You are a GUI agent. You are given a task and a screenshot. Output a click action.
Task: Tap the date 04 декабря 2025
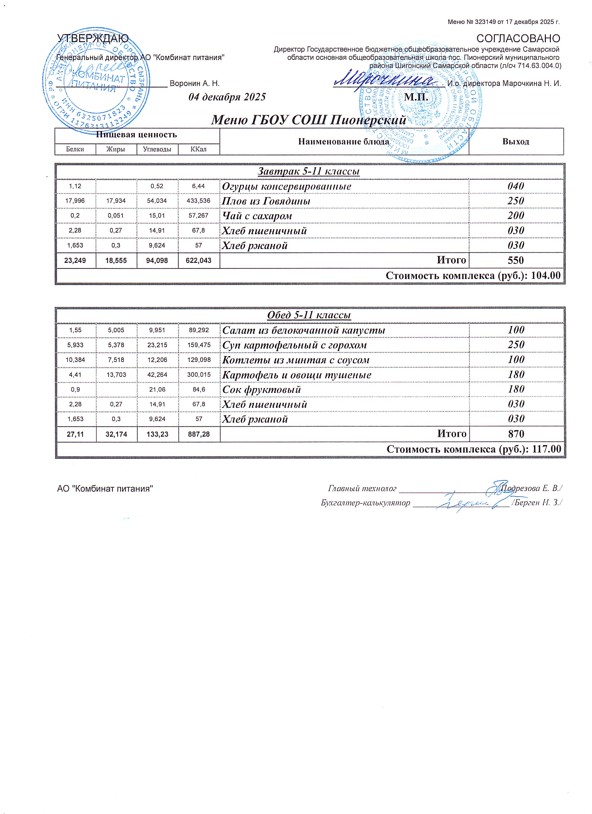coord(227,97)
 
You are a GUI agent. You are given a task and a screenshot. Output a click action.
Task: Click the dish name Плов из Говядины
coord(266,201)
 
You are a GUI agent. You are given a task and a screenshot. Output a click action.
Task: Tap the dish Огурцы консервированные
coord(286,187)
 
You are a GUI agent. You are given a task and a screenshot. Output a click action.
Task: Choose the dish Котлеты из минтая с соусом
coord(296,360)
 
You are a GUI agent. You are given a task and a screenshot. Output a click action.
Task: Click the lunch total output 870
coord(516,434)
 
